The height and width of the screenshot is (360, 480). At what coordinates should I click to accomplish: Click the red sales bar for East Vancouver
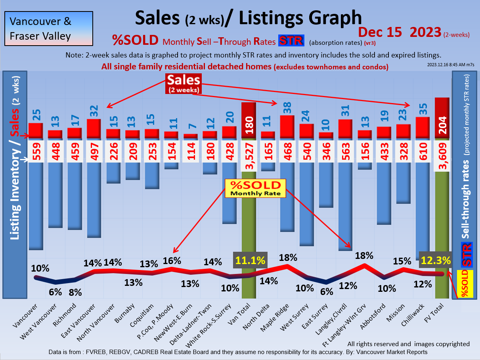(x=94, y=128)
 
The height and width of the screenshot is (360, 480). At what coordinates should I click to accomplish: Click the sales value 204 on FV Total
(x=442, y=126)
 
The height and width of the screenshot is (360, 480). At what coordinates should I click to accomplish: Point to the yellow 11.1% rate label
(x=251, y=260)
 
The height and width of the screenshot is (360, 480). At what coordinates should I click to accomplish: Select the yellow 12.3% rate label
(x=436, y=260)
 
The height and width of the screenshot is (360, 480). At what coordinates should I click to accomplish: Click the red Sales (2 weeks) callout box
(x=184, y=83)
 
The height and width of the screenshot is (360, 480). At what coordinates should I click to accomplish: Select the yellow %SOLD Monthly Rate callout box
(x=255, y=188)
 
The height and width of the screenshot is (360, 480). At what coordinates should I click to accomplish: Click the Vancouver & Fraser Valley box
(x=48, y=28)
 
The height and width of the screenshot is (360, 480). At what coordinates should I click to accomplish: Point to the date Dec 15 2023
(x=399, y=32)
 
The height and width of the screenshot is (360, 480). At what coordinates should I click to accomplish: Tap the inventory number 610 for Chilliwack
(x=423, y=151)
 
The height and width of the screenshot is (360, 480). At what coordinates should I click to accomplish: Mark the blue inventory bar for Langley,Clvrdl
(x=345, y=206)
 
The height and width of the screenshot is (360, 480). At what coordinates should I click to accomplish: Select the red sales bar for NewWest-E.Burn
(x=191, y=136)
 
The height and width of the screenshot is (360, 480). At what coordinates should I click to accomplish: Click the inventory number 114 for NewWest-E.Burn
(x=191, y=151)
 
